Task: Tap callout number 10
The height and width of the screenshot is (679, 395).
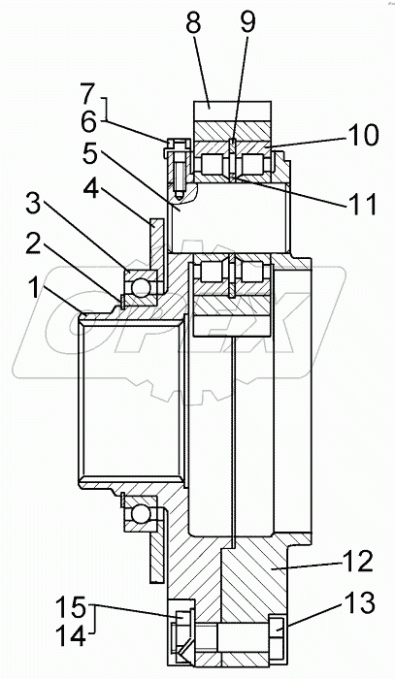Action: pyautogui.click(x=363, y=135)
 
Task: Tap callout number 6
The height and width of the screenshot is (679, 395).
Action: pyautogui.click(x=89, y=123)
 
